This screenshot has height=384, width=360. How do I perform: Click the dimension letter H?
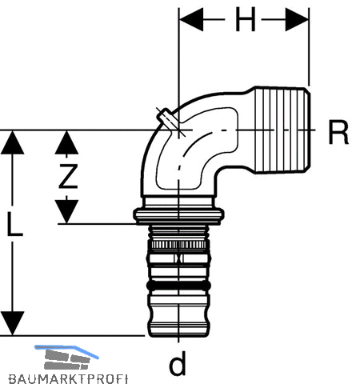click(x=246, y=19)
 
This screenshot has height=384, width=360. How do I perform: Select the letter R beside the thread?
click(x=338, y=132)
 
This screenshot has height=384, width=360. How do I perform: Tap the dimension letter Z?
click(x=68, y=176)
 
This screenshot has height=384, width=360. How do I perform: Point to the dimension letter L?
click(x=15, y=224)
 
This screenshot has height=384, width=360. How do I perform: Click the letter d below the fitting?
click(x=178, y=362)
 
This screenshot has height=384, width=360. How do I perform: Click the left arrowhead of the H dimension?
click(x=191, y=19)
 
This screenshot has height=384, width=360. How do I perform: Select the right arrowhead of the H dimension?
click(x=297, y=19)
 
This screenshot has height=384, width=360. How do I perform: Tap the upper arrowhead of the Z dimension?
click(x=66, y=142)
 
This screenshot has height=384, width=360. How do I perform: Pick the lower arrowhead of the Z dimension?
click(x=66, y=211)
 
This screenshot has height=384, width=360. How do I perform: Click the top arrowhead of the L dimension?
click(x=13, y=142)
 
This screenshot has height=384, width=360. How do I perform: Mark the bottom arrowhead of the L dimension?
click(x=13, y=323)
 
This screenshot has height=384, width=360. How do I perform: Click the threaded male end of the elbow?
click(x=282, y=130)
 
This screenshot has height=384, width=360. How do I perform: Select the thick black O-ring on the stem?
click(x=178, y=286)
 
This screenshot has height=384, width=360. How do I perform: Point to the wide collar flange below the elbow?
click(x=178, y=215)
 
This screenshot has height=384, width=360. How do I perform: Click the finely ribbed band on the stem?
click(x=178, y=245)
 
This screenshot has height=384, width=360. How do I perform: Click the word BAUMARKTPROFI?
click(x=68, y=379)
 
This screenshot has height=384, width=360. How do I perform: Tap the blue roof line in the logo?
click(x=66, y=350)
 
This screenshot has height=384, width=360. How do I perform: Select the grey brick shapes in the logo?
click(x=66, y=360)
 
